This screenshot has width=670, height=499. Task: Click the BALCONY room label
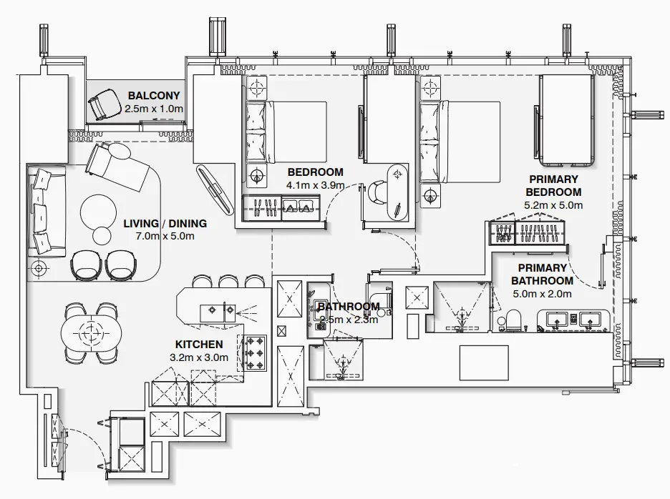click(154, 96)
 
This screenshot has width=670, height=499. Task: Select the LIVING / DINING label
click(165, 224)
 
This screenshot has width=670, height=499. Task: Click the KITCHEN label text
click(199, 345)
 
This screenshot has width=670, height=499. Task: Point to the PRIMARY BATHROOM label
click(542, 275)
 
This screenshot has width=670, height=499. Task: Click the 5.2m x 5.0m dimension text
click(553, 205)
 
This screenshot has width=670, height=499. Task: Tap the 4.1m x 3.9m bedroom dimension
click(315, 185)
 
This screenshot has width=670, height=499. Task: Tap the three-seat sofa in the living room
click(45, 211)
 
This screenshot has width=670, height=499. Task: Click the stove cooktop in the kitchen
click(253, 353)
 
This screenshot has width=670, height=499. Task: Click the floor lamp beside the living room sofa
click(39, 268)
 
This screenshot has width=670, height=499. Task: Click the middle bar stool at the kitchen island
click(228, 282)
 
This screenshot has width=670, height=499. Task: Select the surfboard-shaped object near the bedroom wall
click(214, 189)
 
